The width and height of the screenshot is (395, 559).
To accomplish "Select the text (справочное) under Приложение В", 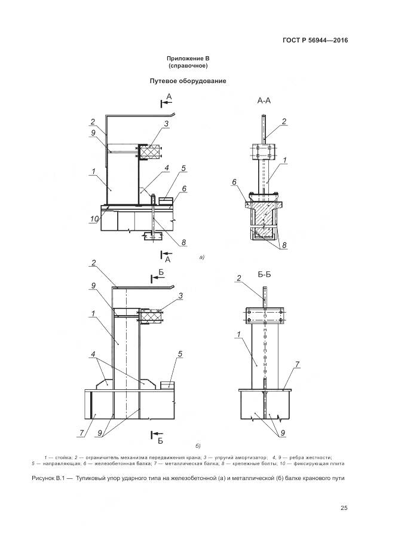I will [188, 66].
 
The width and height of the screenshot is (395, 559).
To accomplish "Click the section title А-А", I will [264, 101].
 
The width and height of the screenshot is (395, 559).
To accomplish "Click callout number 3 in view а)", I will [167, 124].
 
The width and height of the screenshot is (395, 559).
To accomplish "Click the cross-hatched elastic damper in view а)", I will [153, 152].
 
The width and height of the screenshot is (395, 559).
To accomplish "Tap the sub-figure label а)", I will [201, 258].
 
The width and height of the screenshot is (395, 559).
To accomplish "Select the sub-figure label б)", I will [197, 445].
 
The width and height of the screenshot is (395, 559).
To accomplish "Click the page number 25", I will [344, 508].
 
